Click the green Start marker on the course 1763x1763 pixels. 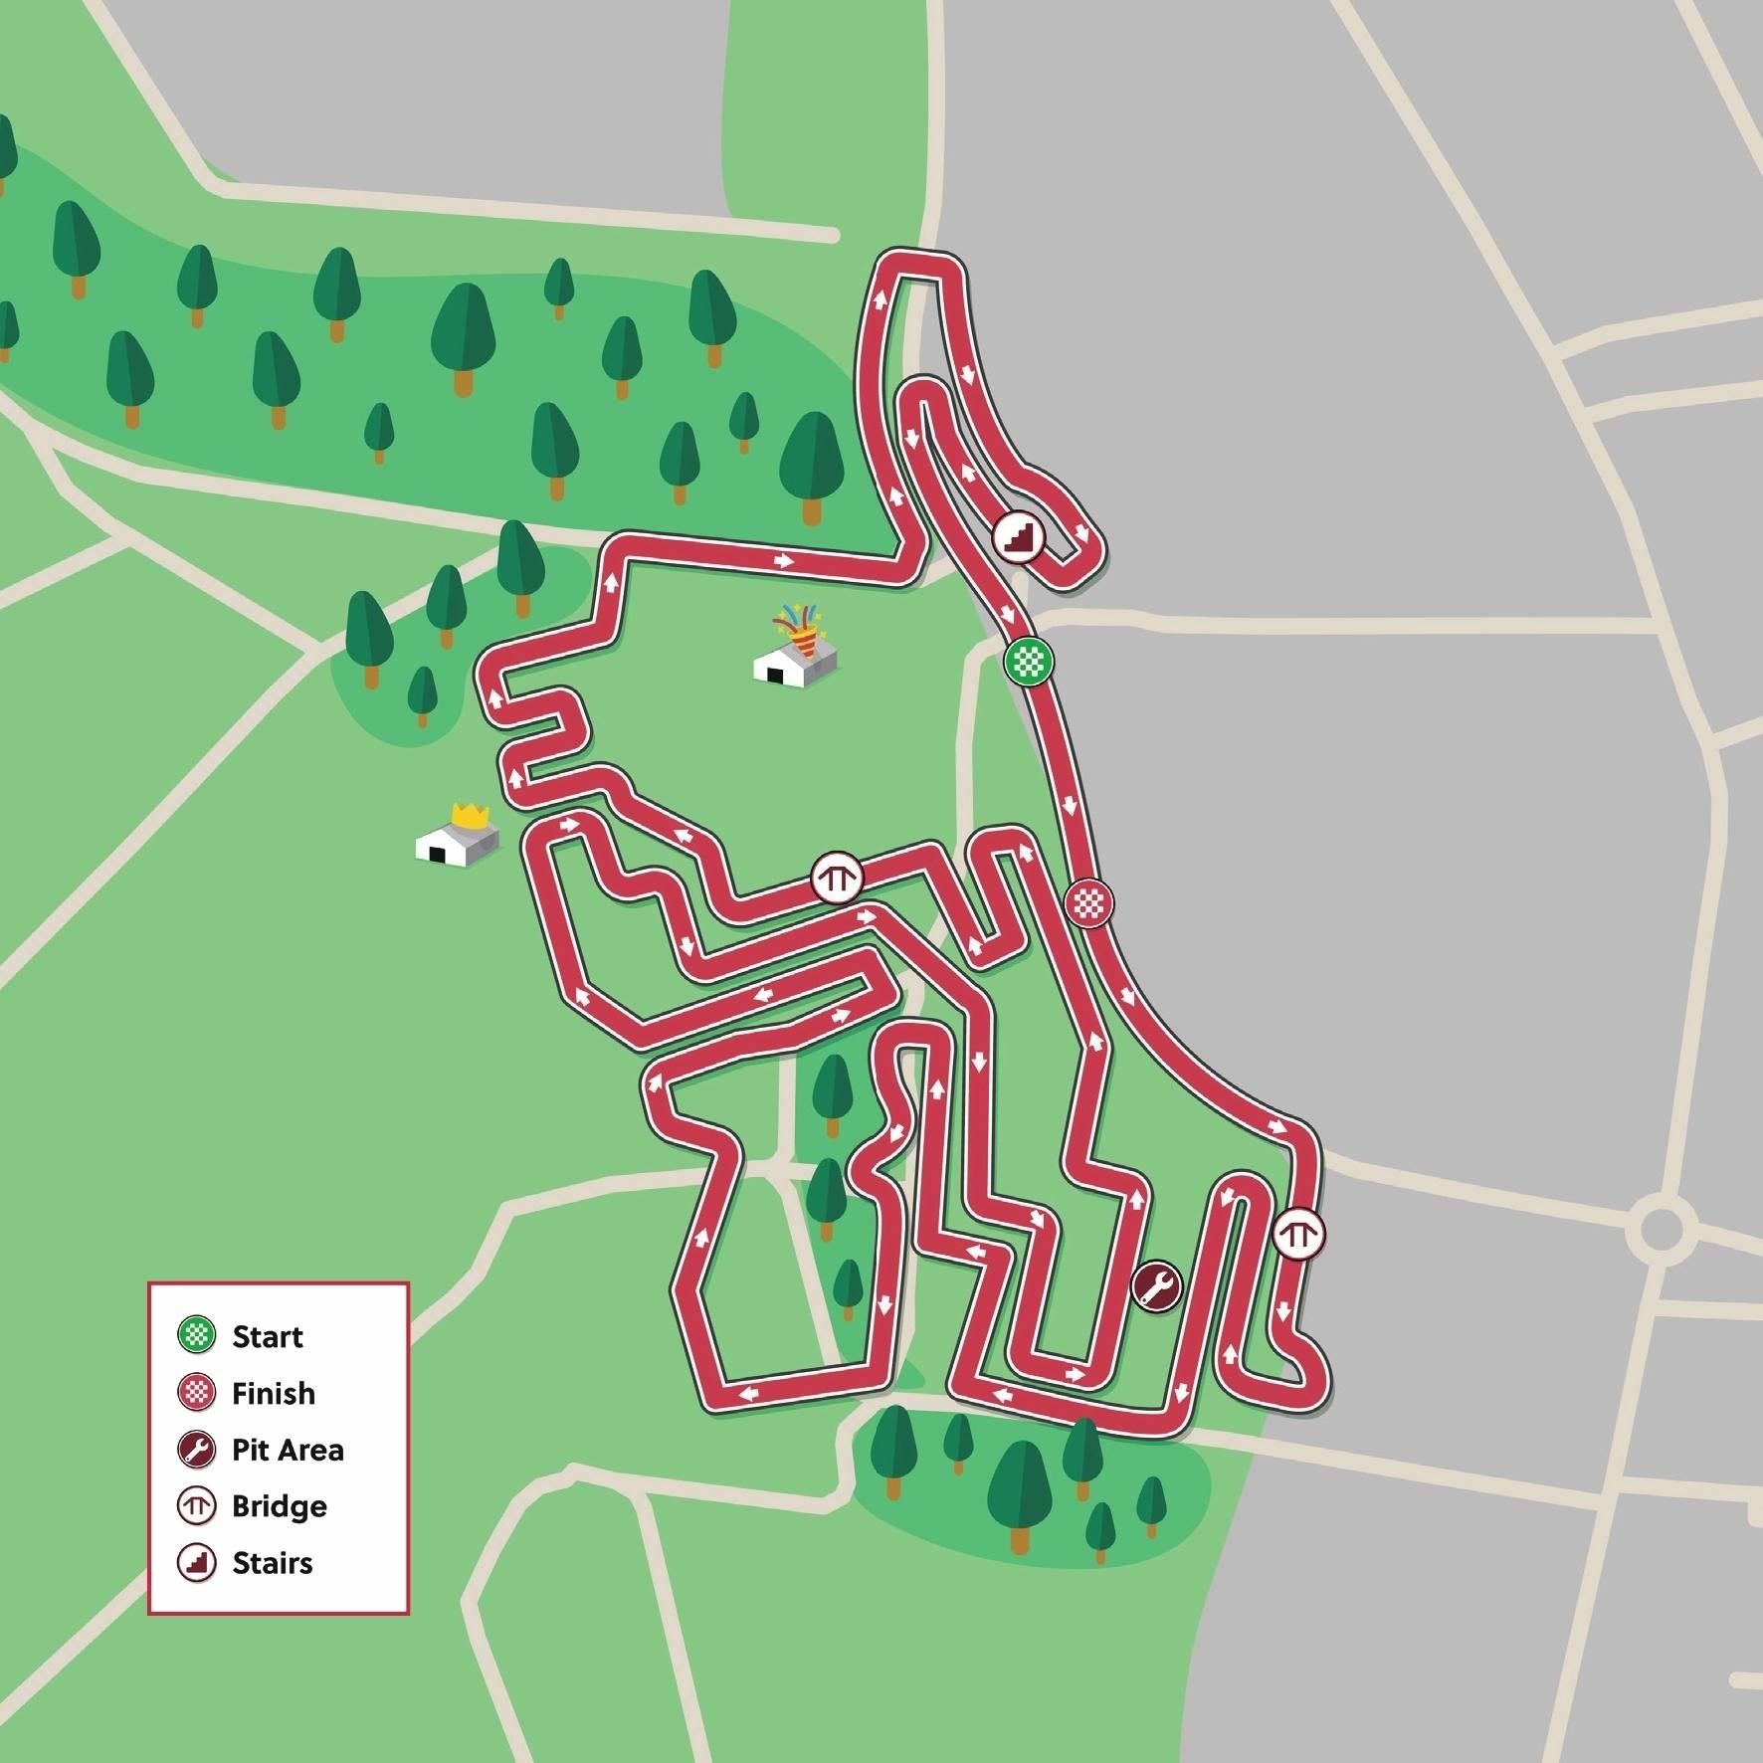[x=1028, y=660]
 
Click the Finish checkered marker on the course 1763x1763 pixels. [x=1088, y=903]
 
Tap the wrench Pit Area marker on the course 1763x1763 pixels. [x=1156, y=1286]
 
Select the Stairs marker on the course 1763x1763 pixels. [x=1019, y=538]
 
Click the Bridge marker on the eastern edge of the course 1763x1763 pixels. [x=1297, y=1235]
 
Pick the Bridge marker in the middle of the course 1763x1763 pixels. [x=836, y=878]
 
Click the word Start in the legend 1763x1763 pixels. [x=268, y=1336]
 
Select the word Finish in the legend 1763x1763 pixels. [x=273, y=1393]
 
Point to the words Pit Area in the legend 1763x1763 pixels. [x=288, y=1450]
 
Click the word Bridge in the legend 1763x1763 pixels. [x=279, y=1506]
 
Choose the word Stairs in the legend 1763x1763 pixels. [x=272, y=1563]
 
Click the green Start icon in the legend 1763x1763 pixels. [x=197, y=1335]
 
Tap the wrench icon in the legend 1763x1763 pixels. [x=197, y=1450]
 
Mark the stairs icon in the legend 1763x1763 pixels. [x=197, y=1563]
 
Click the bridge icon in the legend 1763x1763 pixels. [x=197, y=1506]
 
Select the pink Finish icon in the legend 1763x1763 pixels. [x=197, y=1393]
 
